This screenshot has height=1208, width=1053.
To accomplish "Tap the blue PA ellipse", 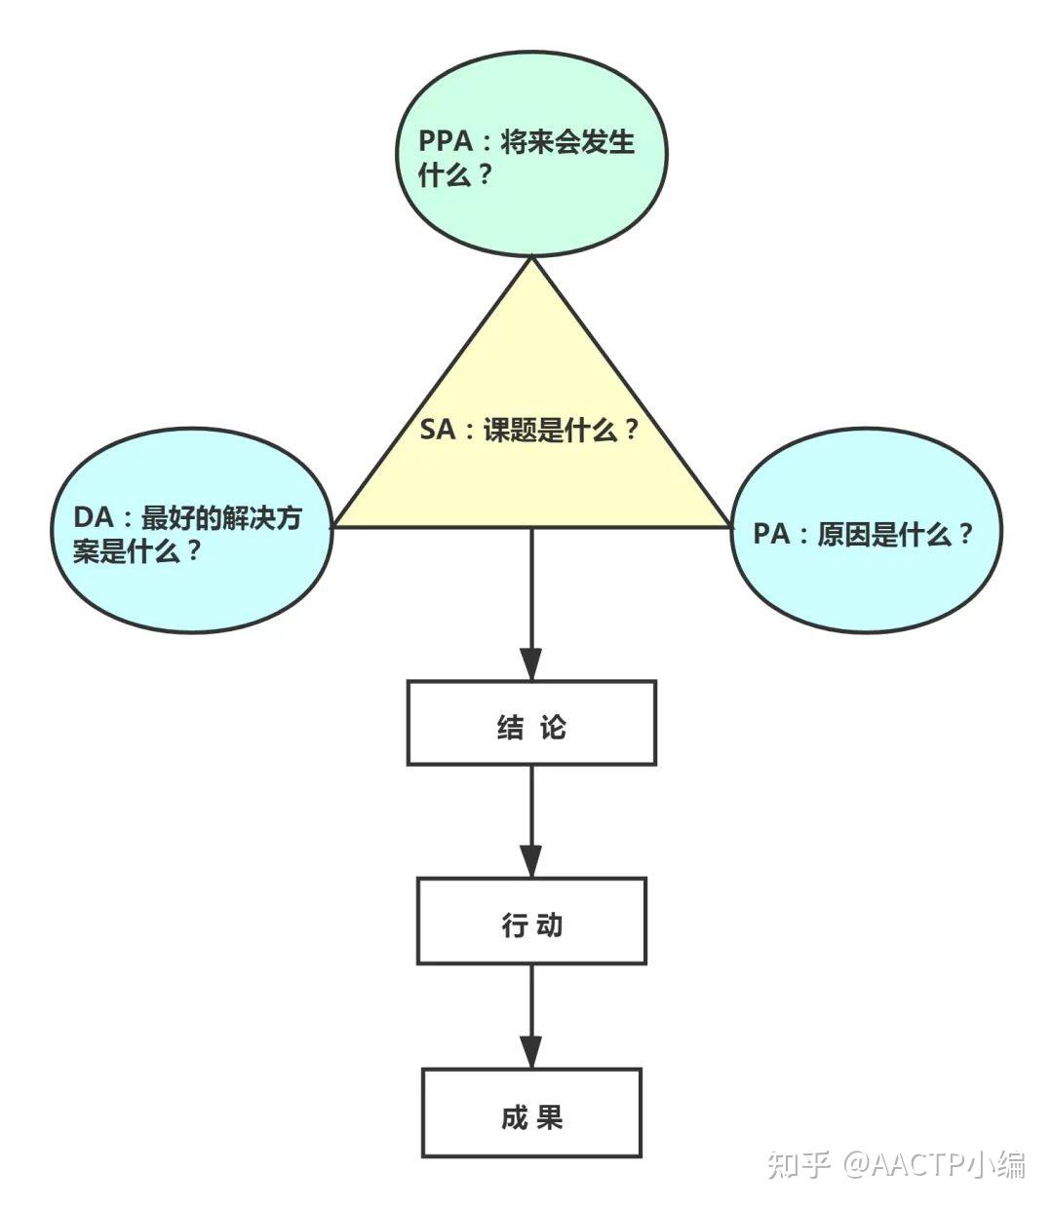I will click(866, 534).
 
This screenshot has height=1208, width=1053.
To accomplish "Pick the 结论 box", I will click(531, 723).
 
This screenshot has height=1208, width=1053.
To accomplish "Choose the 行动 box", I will click(531, 921).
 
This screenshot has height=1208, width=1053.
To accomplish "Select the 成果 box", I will click(531, 1113).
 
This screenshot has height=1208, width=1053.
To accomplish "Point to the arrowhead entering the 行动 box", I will click(531, 861).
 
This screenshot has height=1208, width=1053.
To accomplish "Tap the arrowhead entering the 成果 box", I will click(531, 1052).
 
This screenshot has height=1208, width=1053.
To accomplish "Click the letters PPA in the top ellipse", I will click(446, 141).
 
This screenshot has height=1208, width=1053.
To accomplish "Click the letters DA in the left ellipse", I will click(94, 517).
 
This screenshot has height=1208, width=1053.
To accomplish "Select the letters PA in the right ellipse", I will click(771, 534).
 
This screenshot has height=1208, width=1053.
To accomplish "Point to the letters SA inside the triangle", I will click(438, 430).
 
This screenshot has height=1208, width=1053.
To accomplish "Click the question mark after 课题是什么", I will click(631, 430).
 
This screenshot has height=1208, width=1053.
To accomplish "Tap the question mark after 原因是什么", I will click(965, 534).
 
